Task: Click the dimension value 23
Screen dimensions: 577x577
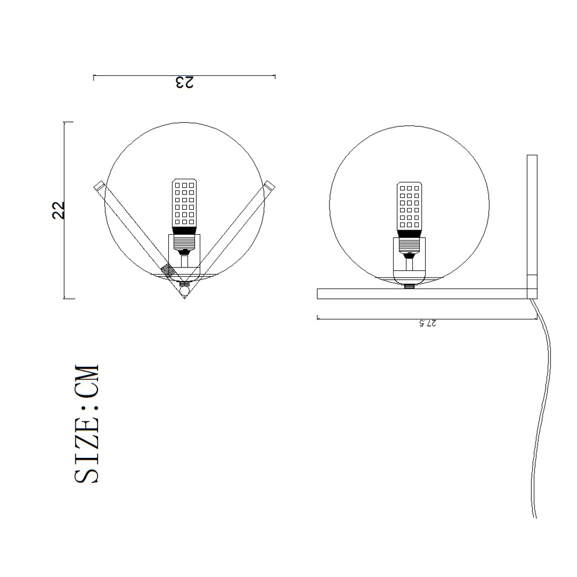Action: pos(184,83)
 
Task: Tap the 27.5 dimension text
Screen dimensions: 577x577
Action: pos(427,324)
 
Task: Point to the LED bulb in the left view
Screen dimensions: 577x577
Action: pos(184,203)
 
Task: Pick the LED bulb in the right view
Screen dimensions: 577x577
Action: pos(409,206)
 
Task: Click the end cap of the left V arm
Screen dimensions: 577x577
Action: pos(99,185)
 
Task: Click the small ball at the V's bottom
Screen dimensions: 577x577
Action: pos(185,289)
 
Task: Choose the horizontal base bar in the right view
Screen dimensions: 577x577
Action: pos(420,294)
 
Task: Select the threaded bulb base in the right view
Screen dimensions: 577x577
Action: pos(409,234)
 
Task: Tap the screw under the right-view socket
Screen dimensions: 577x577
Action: pos(410,286)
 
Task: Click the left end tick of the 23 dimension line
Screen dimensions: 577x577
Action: pos(94,76)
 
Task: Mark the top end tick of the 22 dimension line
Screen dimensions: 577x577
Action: pos(68,123)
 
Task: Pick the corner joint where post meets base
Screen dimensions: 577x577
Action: pos(531,294)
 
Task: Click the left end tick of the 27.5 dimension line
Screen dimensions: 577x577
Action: pos(317,318)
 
